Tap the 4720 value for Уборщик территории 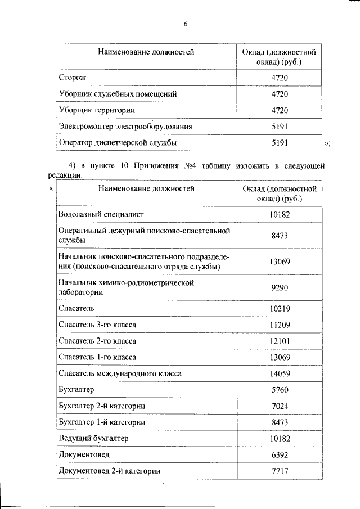pos(279,110)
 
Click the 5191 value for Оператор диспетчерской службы pos(279,143)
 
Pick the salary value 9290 pos(279,287)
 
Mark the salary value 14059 pos(279,373)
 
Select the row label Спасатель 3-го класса pos(97,325)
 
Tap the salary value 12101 pos(279,341)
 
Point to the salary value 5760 pos(279,389)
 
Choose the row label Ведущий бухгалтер pos(93,438)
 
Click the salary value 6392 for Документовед pos(279,454)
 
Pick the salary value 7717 pos(279,470)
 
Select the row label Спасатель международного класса pos(120,373)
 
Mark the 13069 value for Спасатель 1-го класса pos(279,357)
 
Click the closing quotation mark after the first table pos(327,144)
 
